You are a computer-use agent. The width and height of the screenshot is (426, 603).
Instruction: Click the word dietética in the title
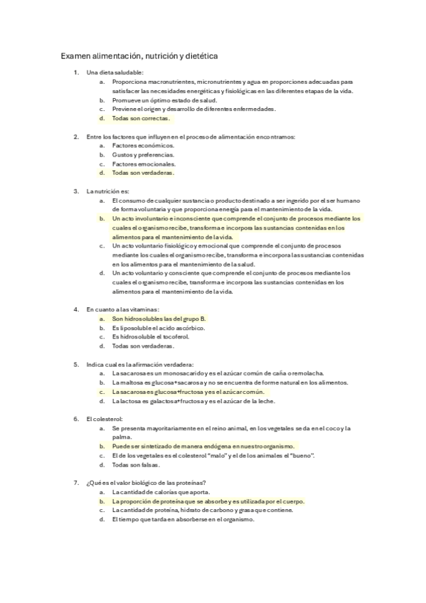coord(201,54)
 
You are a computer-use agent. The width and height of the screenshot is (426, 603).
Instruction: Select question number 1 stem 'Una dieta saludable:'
coord(115,73)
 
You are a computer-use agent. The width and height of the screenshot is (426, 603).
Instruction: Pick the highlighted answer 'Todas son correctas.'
coord(142,118)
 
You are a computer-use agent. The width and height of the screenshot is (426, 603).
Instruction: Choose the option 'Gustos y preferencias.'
coord(144,154)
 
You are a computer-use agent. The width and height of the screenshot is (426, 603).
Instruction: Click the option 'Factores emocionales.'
coord(144,164)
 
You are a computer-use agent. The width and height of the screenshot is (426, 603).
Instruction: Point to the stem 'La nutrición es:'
coord(108,191)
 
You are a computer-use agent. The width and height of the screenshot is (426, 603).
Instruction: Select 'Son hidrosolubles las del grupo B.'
coord(159,319)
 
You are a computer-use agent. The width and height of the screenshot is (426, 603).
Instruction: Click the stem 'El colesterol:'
coord(105,419)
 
